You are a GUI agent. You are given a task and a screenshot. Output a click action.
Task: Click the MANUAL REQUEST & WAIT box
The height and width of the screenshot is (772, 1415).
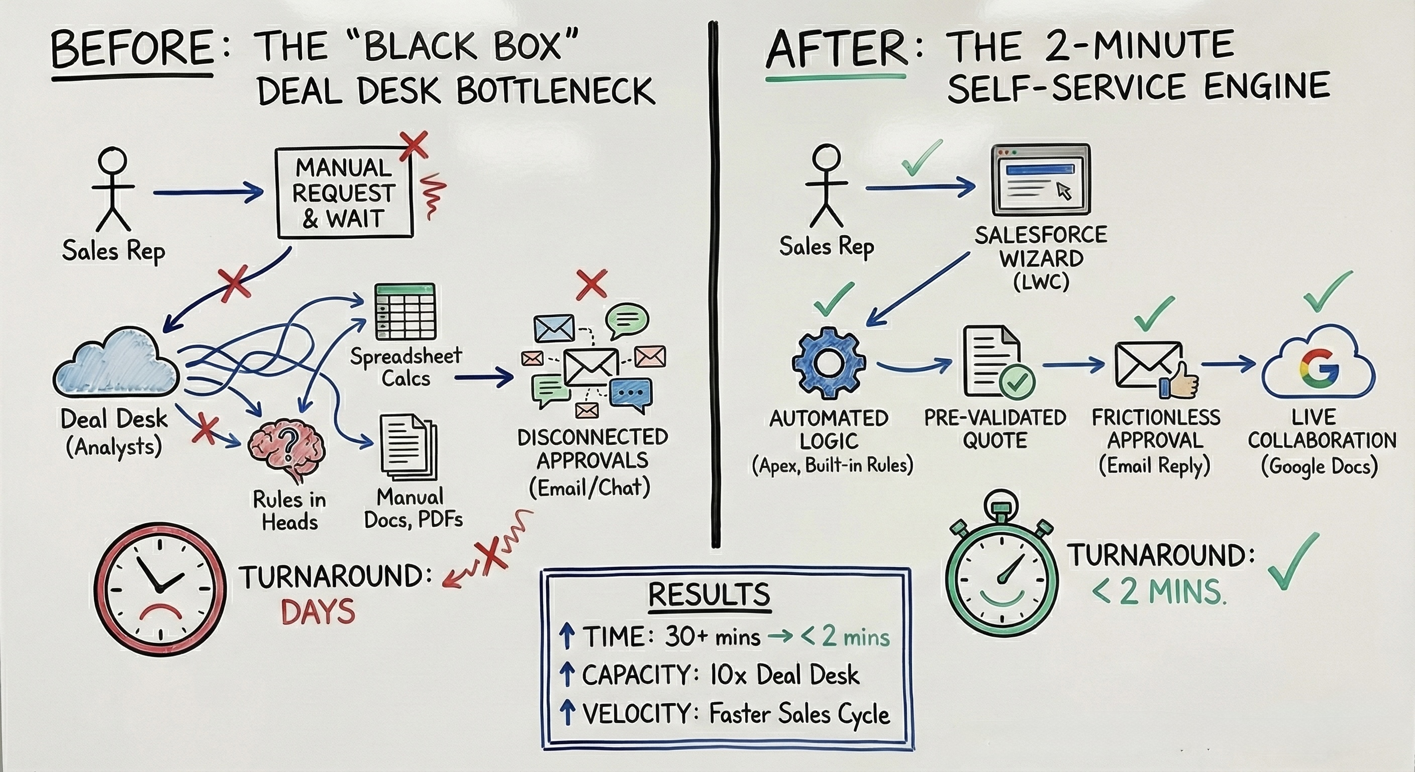tap(344, 193)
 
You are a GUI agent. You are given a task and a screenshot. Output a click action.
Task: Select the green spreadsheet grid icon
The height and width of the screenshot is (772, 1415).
tap(405, 311)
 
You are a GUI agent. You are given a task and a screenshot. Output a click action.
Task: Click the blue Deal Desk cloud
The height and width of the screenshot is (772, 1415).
tap(117, 364)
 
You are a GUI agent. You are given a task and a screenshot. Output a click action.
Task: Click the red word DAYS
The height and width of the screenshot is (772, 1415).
tap(318, 612)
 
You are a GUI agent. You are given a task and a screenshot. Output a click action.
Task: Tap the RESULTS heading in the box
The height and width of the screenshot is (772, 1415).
tap(709, 594)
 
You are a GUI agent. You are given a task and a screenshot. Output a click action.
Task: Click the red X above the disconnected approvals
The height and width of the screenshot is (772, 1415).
tap(591, 284)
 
